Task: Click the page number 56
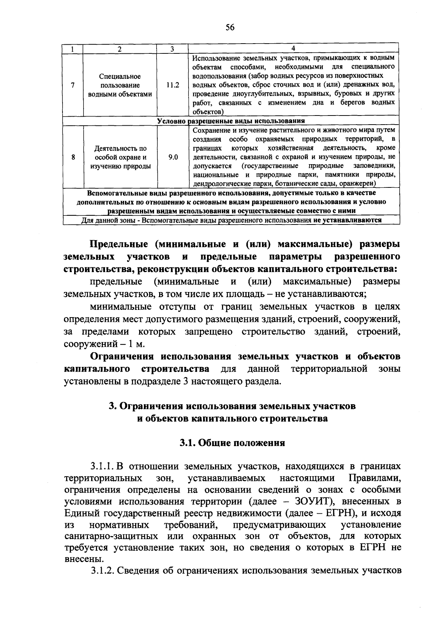pyautogui.click(x=230, y=27)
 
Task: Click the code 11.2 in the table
pyautogui.click(x=173, y=85)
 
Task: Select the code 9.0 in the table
pyautogui.click(x=173, y=157)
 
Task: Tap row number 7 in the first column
pyautogui.click(x=73, y=85)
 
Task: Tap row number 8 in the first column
pyautogui.click(x=73, y=157)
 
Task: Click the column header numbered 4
pyautogui.click(x=293, y=49)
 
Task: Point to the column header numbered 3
pyautogui.click(x=173, y=49)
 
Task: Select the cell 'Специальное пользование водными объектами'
pyautogui.click(x=120, y=85)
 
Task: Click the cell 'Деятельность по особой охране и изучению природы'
pyautogui.click(x=120, y=157)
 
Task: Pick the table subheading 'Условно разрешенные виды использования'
pyautogui.click(x=231, y=121)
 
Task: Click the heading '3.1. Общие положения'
pyautogui.click(x=233, y=443)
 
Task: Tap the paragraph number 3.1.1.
pyautogui.click(x=103, y=466)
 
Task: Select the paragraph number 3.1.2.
pyautogui.click(x=103, y=571)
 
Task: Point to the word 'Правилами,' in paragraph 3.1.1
pyautogui.click(x=374, y=478)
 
